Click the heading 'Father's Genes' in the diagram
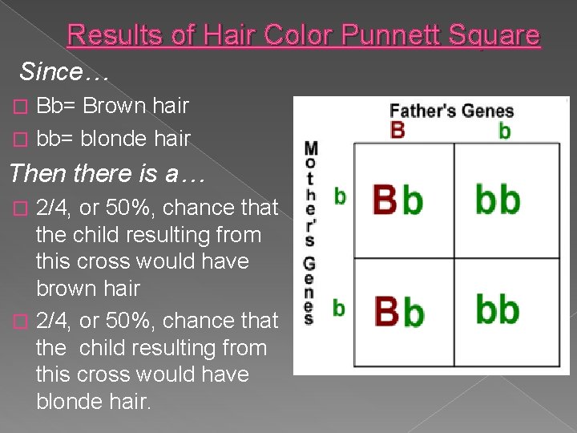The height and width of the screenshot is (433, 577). (x=451, y=111)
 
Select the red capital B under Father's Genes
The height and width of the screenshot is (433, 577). (x=397, y=130)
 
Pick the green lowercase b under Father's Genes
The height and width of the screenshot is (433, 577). (x=504, y=131)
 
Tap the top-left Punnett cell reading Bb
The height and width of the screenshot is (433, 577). (x=398, y=200)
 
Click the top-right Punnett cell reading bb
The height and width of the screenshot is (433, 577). (x=498, y=200)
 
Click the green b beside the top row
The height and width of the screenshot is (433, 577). (x=340, y=196)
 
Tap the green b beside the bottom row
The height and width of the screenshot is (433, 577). (x=339, y=306)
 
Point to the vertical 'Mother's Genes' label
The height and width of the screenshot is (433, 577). (x=311, y=233)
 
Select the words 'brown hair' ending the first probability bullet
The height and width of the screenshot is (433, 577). (x=88, y=288)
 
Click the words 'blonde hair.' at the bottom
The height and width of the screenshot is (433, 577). (x=93, y=402)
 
